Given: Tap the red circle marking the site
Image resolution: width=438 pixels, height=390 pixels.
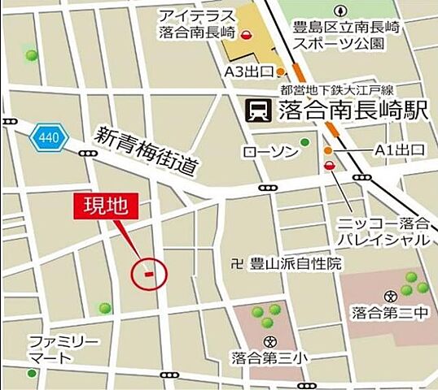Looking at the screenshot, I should [149, 273].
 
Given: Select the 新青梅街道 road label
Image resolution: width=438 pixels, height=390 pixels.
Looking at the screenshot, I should [147, 152].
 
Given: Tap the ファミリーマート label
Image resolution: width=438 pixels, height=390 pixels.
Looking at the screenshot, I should [52, 349].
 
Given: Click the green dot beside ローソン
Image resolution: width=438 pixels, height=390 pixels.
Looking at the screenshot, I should [304, 143].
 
